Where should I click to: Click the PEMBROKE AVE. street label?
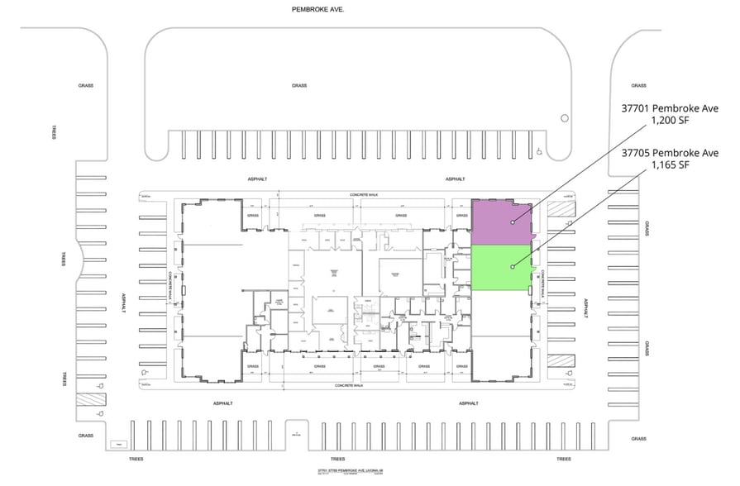tap(317, 9)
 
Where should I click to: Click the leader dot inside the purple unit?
tap(513, 222)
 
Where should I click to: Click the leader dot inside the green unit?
tap(513, 266)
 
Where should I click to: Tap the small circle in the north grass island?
tap(564, 117)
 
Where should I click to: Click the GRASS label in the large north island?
tap(299, 86)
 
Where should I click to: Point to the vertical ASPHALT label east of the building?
tap(586, 307)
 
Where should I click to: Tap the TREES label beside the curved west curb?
tap(63, 260)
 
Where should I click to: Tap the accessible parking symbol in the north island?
tap(538, 151)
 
